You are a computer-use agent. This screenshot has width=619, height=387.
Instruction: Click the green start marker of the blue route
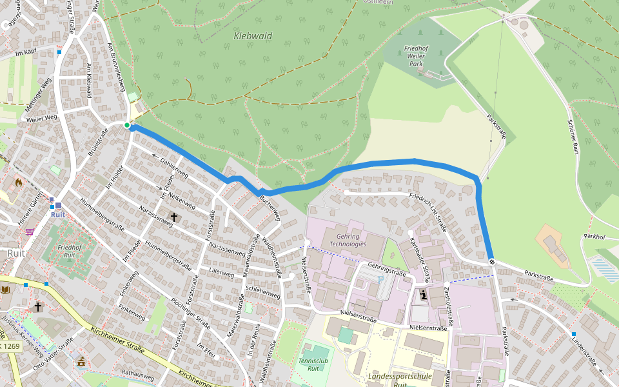point(127,125)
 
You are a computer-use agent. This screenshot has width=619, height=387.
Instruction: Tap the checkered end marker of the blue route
point(492,261)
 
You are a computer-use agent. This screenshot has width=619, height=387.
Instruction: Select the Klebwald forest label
point(253,36)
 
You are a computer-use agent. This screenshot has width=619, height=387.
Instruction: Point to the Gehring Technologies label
point(348,239)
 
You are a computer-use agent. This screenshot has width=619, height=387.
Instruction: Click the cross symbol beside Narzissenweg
point(173,217)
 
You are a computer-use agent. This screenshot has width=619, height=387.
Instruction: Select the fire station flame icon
point(18,183)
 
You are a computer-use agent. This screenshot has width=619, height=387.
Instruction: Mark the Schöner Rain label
point(573,135)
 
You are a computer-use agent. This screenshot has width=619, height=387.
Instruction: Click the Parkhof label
point(594,237)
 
